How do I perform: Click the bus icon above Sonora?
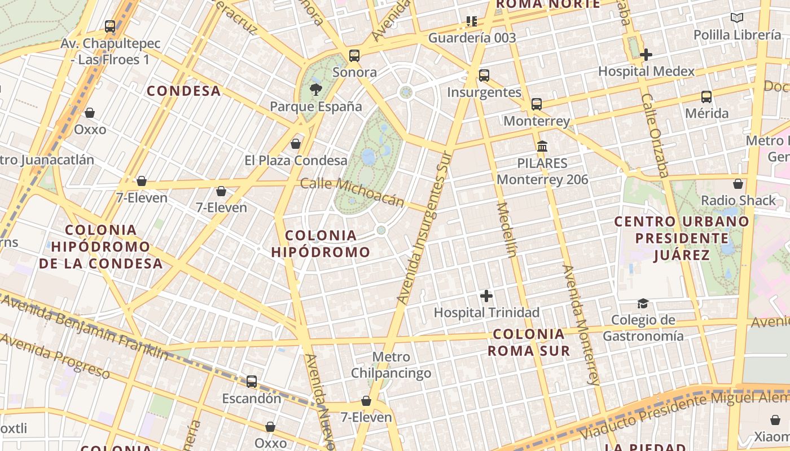[x=354, y=55]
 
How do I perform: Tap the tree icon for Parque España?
[x=316, y=89]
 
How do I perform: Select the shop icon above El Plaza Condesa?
[x=296, y=144]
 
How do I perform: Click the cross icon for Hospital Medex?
[x=646, y=55]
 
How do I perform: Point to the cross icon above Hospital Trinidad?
[x=486, y=295]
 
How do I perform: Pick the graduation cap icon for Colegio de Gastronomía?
[x=643, y=304]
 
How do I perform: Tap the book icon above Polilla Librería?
[x=737, y=18]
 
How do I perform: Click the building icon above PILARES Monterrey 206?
[x=542, y=147]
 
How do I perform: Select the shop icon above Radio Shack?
[x=738, y=184]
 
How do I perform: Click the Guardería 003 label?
[x=472, y=38]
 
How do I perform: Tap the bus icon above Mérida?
[x=706, y=96]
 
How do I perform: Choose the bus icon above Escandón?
[x=252, y=382]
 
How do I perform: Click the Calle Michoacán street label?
[x=353, y=192]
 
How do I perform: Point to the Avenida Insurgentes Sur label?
[x=422, y=228]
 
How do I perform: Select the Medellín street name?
[x=506, y=229]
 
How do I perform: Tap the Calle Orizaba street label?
[x=655, y=135]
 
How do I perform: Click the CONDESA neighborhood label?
[x=183, y=91]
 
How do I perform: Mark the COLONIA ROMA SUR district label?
[x=529, y=342]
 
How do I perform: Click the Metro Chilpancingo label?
[x=391, y=365]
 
